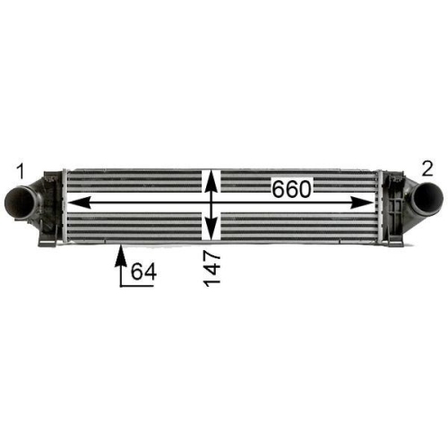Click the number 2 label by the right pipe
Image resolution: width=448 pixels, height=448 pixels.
pos(428,168)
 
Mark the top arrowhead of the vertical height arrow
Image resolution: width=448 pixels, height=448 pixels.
pos(211,176)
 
